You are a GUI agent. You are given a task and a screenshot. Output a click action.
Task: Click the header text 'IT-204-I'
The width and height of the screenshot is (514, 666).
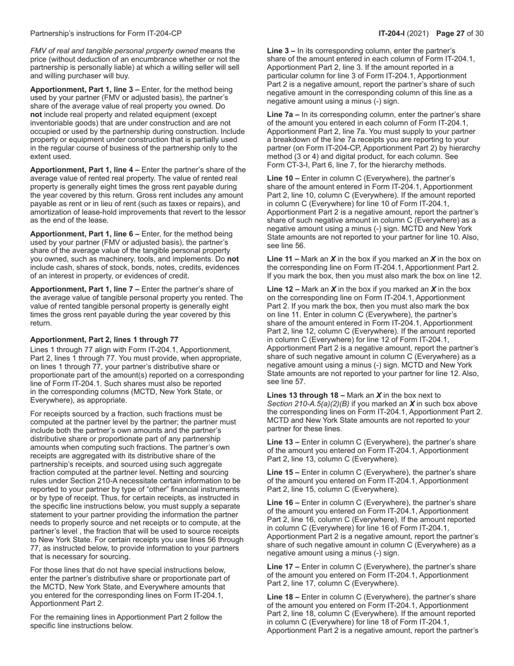(392, 34)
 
